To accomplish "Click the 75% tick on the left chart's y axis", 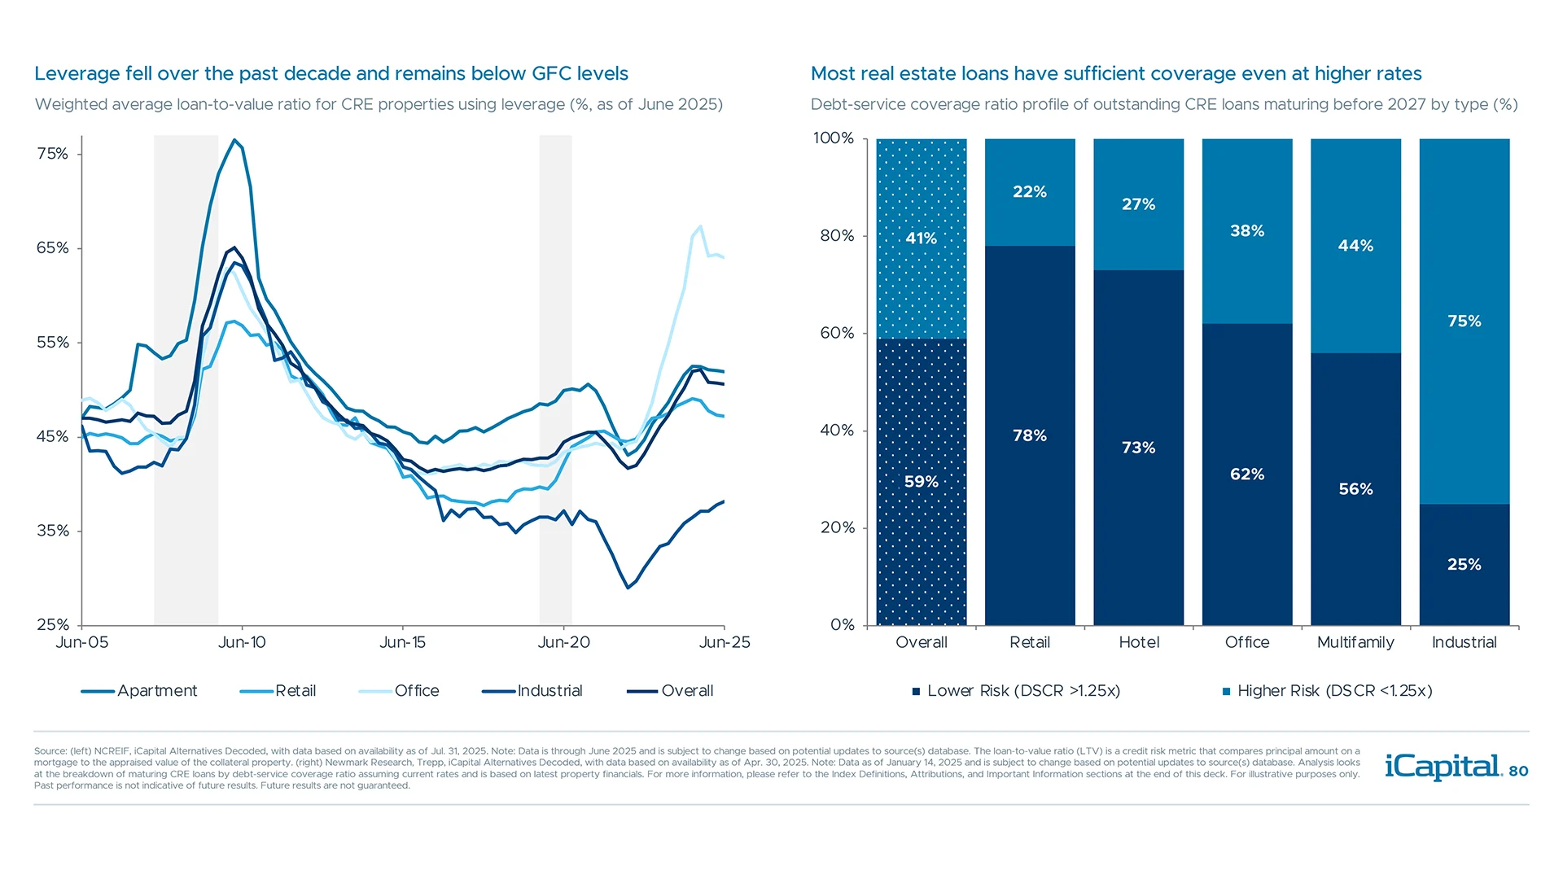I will (x=53, y=154).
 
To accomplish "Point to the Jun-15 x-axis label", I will (x=402, y=642).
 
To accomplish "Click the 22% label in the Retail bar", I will (x=1030, y=192).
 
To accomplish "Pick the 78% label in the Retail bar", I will (x=1030, y=435).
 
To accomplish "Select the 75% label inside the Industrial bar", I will (x=1464, y=321).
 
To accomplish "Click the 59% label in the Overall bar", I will (x=921, y=482).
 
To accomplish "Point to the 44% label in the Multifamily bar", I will (x=1355, y=246).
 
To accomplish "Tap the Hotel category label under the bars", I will (x=1139, y=642).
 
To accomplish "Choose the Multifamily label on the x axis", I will (x=1355, y=642).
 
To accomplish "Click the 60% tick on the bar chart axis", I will (x=837, y=333).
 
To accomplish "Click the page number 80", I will (x=1518, y=771).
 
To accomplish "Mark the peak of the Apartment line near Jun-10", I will (x=234, y=140).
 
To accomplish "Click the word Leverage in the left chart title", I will (x=77, y=74).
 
